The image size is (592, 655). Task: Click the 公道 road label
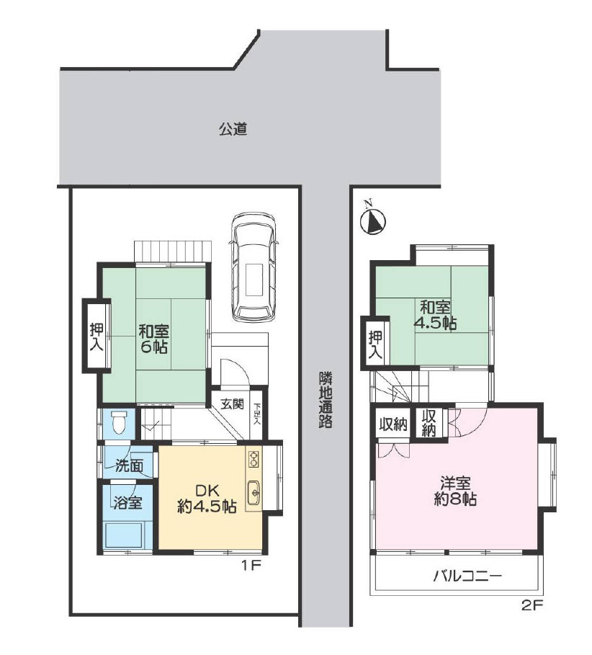click(x=233, y=129)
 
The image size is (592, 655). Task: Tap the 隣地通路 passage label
click(x=326, y=400)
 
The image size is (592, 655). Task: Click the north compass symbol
click(x=372, y=220)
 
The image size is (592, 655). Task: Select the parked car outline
click(x=254, y=267)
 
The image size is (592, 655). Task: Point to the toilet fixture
click(x=120, y=422)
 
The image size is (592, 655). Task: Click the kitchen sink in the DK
click(x=254, y=493)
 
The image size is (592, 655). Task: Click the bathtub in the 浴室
click(x=124, y=535)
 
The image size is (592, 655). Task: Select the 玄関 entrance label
click(x=232, y=404)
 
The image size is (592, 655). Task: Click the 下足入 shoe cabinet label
click(x=257, y=414)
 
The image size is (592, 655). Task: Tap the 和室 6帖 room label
click(x=153, y=339)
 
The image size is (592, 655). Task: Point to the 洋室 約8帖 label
click(x=455, y=491)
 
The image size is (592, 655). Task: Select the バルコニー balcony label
click(x=467, y=577)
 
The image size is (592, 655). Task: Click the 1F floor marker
click(x=251, y=566)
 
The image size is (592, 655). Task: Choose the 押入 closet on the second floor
click(x=375, y=344)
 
